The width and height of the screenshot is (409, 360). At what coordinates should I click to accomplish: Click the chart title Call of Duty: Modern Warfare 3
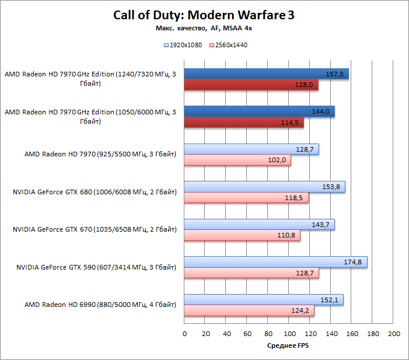[x=204, y=16]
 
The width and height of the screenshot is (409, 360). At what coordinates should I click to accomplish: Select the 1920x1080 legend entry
[x=184, y=44]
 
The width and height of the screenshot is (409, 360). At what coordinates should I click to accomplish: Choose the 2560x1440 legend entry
[x=228, y=44]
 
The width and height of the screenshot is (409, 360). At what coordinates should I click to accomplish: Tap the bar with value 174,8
[x=275, y=262]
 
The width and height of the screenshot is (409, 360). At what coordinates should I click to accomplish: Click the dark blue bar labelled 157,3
[x=266, y=74]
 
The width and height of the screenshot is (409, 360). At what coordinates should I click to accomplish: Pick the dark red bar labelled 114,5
[x=244, y=122]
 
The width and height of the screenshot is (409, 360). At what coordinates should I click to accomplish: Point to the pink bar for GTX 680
[x=246, y=198]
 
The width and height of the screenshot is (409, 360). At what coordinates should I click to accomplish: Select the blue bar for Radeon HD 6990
[x=264, y=300]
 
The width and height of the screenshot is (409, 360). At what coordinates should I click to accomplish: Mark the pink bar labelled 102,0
[x=237, y=160]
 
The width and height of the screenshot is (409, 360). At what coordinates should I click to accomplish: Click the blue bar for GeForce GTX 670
[x=260, y=225]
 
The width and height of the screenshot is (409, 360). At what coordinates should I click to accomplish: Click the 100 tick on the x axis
[x=289, y=334]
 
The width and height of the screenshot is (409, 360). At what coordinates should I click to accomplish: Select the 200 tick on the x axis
[x=394, y=334]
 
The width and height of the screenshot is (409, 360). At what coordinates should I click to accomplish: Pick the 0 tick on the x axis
[x=184, y=334]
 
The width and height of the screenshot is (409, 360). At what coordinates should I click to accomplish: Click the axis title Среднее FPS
[x=288, y=346]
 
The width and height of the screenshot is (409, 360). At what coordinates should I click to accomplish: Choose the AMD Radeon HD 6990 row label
[x=100, y=305]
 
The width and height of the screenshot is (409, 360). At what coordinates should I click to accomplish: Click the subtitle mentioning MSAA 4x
[x=204, y=28]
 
